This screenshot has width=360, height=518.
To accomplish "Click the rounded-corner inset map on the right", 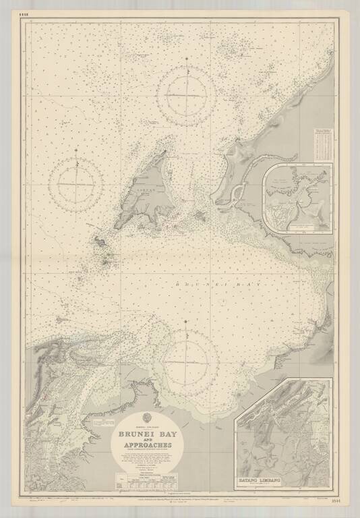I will coord(298,198).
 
